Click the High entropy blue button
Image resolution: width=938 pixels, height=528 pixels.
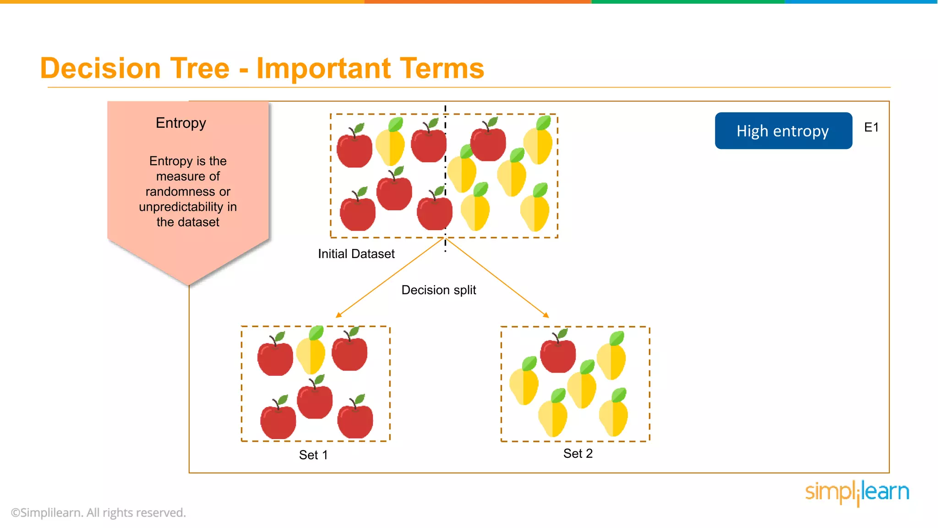coord(783,131)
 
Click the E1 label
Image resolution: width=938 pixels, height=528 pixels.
coord(871,127)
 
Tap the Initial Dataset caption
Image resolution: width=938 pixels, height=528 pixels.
coord(356,254)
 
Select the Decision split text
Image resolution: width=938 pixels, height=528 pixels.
coord(438,290)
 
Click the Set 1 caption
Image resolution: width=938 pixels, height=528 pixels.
coord(313,455)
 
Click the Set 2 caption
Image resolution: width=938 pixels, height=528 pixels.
coord(578,453)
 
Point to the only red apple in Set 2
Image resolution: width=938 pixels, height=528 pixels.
coord(558,355)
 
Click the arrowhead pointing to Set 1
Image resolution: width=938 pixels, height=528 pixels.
coord(338,315)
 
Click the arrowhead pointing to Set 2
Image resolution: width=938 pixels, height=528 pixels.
coord(546,315)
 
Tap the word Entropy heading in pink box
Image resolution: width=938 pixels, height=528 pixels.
coord(180,123)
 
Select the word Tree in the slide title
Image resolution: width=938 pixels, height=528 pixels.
coord(199,68)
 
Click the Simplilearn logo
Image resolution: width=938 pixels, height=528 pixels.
coord(857,492)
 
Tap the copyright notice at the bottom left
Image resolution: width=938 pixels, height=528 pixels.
coord(98,512)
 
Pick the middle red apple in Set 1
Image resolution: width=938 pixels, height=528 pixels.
coord(315,401)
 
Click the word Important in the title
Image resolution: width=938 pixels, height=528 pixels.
coord(323,68)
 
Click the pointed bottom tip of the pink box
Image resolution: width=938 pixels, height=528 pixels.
coord(188,284)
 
